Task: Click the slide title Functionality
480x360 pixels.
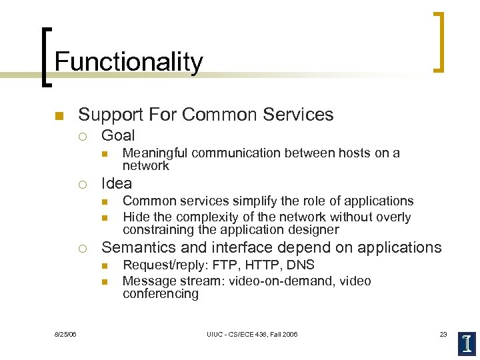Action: [128, 62]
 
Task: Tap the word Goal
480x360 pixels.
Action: [118, 135]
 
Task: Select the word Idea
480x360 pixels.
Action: [117, 183]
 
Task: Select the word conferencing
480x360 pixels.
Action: [160, 294]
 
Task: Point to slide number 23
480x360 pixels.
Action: [443, 334]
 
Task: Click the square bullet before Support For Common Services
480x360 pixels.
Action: [58, 116]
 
